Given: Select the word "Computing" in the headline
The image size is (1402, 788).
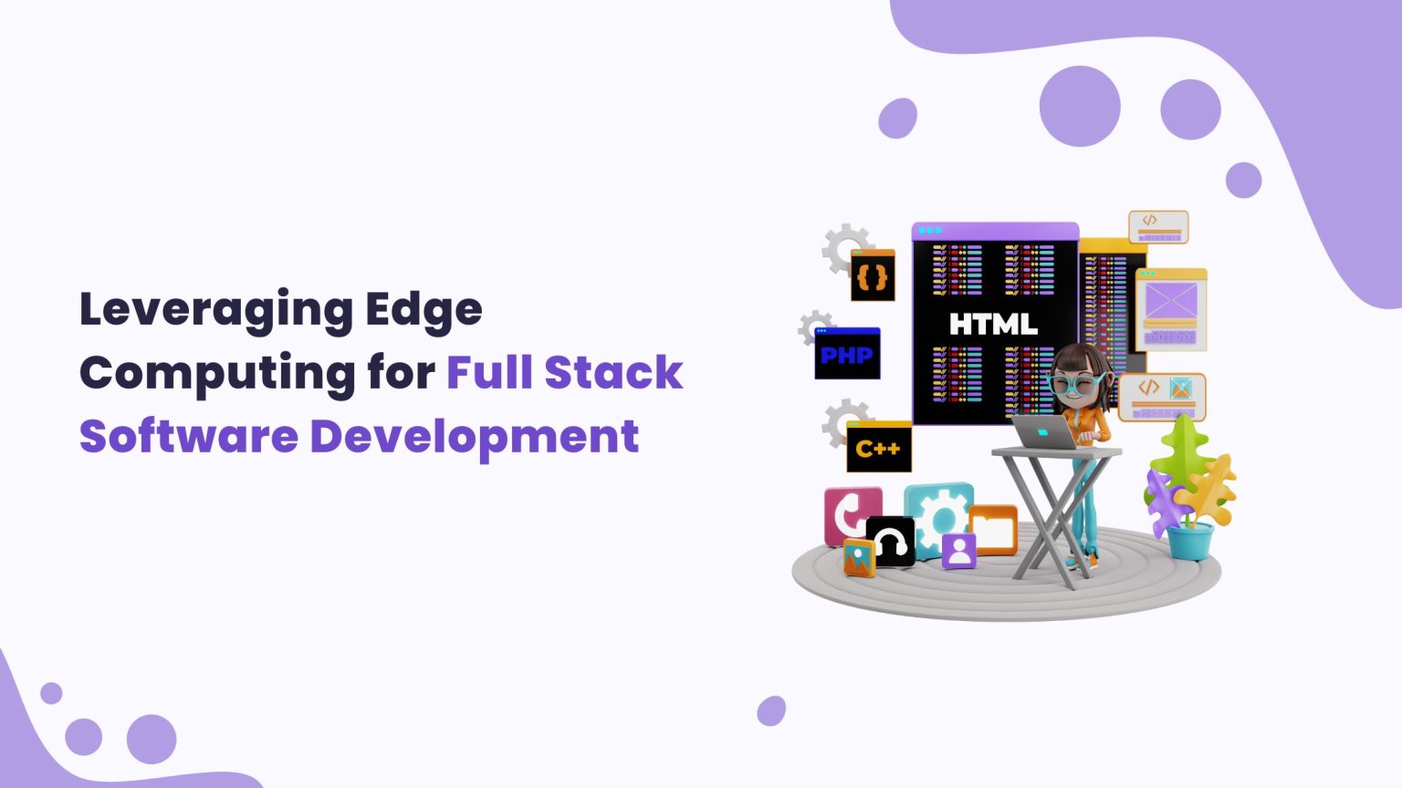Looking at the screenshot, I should pos(216,373).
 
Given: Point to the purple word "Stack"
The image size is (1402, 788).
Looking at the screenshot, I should pos(613,373).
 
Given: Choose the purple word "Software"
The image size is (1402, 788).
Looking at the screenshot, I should pos(188,436).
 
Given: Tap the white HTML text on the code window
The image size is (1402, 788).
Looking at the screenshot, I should pos(993,324).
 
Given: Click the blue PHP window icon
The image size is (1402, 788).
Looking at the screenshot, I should pos(847,354).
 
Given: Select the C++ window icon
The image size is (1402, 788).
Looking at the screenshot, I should pos(878,447).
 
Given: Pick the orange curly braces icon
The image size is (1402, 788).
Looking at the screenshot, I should pos(873,276).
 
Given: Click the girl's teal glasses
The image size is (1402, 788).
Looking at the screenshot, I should pos(1079,385).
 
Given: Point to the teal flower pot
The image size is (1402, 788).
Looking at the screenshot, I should pos(1189,541).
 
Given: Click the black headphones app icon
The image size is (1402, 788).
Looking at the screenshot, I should pos(890,542).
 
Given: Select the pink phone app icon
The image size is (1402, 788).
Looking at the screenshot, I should pos(851,513).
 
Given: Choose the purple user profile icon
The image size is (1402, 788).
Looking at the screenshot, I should pos(958,550).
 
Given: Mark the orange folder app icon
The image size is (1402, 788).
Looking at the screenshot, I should pos(993,530).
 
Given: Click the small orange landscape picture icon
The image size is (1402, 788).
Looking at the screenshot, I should pos(858,557).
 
